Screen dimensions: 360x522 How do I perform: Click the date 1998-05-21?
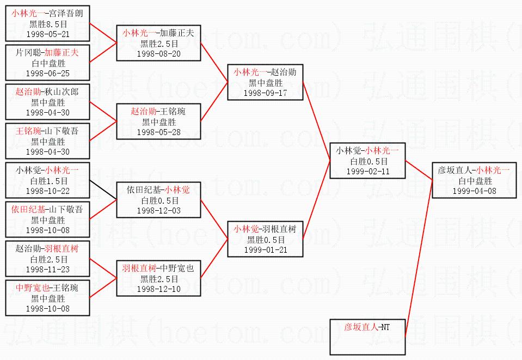tap(48, 33)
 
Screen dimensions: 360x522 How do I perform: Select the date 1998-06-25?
tap(48, 73)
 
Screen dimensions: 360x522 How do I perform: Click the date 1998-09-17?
tap(265, 93)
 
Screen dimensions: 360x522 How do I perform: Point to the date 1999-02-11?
tap(369, 171)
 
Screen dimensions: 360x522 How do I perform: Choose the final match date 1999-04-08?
tap(474, 191)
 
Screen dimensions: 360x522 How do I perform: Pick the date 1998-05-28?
tap(158, 132)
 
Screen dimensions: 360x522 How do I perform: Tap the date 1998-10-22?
tap(48, 191)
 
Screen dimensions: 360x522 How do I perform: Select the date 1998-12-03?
tap(158, 210)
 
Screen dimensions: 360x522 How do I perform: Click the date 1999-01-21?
tap(265, 249)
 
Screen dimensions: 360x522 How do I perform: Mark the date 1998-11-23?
tap(48, 269)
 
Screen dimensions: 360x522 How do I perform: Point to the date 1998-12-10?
tap(158, 289)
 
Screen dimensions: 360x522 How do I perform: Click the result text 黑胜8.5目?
tap(48, 24)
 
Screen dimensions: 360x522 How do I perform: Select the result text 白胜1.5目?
tap(48, 181)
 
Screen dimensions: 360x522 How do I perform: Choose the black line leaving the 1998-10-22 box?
tap(103, 190)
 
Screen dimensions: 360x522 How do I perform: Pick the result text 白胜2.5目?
tap(48, 259)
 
